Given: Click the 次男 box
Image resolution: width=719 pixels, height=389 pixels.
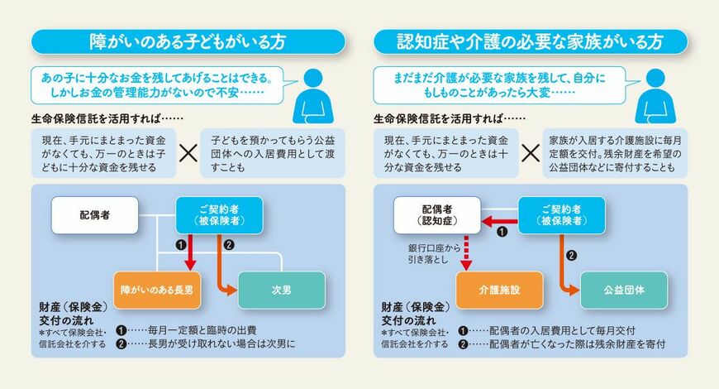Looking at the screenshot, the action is coord(282,290).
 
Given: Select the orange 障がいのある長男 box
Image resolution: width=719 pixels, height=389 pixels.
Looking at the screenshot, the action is coord(157,290).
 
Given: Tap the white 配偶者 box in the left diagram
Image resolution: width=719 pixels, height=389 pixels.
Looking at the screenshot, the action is coord(95,215).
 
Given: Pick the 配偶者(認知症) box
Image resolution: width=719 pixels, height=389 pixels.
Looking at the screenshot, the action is coord(437,215).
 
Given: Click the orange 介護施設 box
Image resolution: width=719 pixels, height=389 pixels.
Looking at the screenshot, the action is coord(499,290).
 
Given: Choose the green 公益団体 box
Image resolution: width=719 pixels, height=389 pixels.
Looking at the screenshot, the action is coord(624,290).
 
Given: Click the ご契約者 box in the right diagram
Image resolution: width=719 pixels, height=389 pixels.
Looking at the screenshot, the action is coord(562,215).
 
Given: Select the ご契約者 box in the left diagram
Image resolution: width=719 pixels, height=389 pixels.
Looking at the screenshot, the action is coord(220,215).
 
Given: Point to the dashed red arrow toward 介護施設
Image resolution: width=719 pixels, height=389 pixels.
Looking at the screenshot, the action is coord(466,252).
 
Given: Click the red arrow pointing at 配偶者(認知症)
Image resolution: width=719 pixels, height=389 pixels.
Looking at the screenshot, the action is coord(499,222).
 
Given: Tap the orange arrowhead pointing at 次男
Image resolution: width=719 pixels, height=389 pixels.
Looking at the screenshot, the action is coord(232,290).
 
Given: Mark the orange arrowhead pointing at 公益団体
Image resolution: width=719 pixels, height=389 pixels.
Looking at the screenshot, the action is coord(575,290).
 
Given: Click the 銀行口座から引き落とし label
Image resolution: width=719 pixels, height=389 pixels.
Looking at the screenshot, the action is coord(434,254).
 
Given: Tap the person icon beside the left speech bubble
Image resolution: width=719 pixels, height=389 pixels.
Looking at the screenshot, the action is coord(313,97).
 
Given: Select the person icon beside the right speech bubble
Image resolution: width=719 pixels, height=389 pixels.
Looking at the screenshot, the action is coord(655,97).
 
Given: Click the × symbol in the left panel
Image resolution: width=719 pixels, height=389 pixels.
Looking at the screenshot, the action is coord(188,153).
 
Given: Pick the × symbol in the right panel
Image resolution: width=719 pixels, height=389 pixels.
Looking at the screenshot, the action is coord(531,153).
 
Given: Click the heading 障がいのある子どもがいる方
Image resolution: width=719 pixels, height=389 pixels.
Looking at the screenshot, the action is coord(188,42).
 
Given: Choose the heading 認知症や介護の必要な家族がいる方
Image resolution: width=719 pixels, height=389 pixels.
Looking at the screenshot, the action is coord(531,42).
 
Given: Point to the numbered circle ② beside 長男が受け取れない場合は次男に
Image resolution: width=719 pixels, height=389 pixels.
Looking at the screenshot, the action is coord(121,344).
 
